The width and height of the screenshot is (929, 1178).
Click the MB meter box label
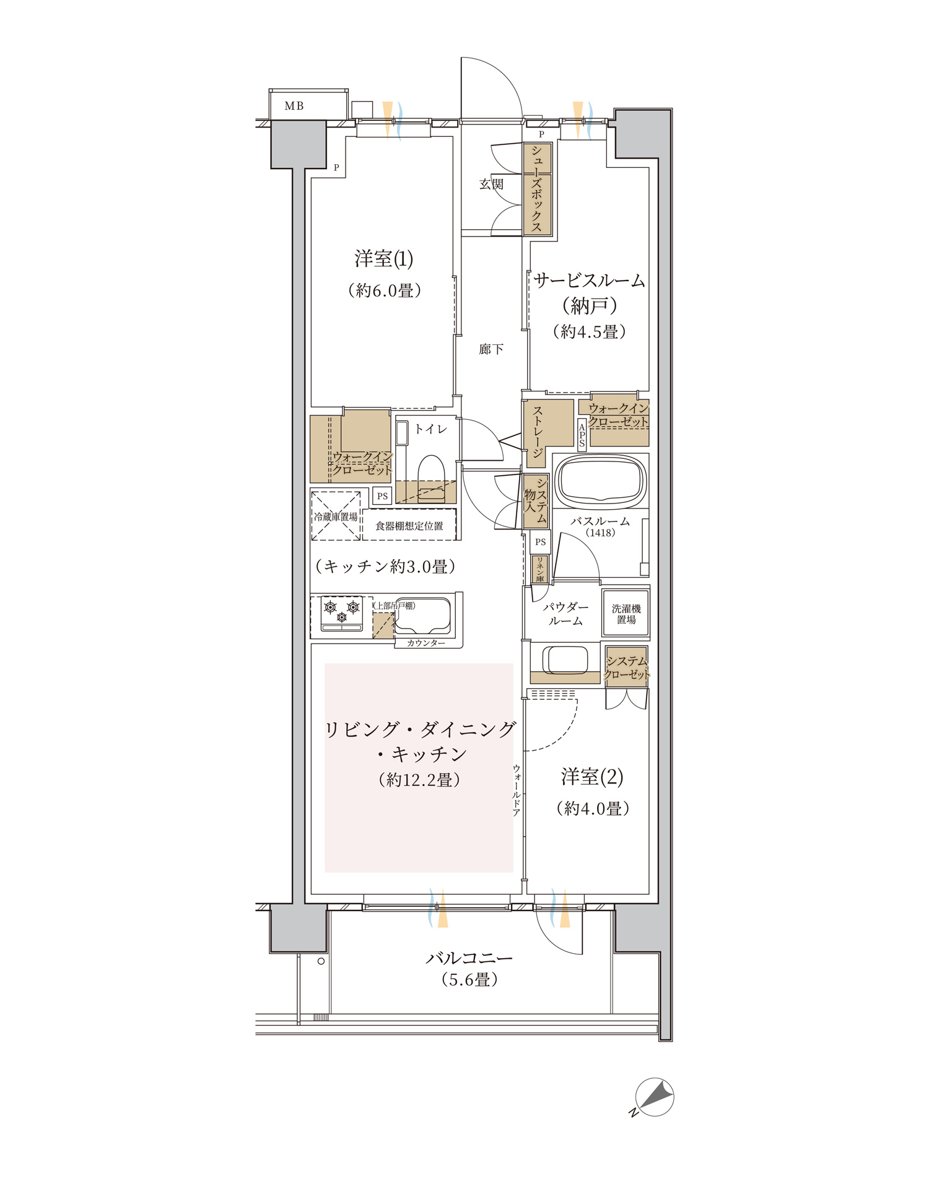(x=294, y=106)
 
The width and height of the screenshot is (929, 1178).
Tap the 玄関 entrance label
(x=491, y=184)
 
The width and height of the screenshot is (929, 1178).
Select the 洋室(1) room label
(x=383, y=259)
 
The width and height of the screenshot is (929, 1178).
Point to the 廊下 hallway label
(x=491, y=349)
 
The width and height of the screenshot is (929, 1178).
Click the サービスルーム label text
(x=589, y=281)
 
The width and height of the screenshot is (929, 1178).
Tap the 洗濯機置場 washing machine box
(x=626, y=614)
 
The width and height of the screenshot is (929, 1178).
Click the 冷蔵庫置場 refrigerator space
(x=336, y=516)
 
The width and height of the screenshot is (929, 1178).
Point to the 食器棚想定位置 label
(x=409, y=526)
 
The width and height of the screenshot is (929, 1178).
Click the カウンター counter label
(x=426, y=643)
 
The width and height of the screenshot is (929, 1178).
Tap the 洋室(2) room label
(x=592, y=777)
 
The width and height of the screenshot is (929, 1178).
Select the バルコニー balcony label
(x=469, y=958)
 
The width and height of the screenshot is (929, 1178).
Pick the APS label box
(x=582, y=434)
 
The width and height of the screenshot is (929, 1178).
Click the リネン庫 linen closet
(x=540, y=569)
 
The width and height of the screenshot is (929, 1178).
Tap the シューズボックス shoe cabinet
(x=537, y=189)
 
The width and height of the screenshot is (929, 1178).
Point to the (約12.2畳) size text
(x=419, y=780)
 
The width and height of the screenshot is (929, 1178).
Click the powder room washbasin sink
(x=565, y=660)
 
